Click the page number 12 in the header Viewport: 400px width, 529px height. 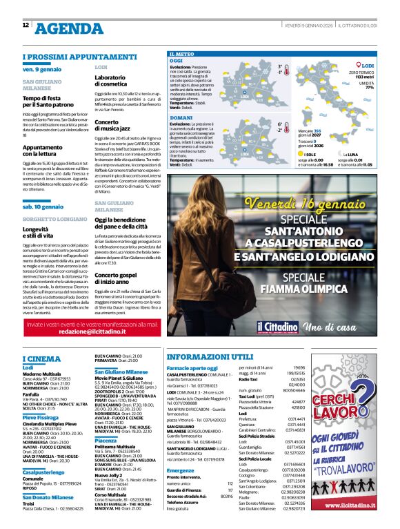[x=26, y=25]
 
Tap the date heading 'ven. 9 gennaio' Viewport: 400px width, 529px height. [x=42, y=70]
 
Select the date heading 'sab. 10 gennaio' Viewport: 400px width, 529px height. [x=43, y=206]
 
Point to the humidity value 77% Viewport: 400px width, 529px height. [x=370, y=88]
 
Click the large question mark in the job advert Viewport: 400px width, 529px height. [x=364, y=394]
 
